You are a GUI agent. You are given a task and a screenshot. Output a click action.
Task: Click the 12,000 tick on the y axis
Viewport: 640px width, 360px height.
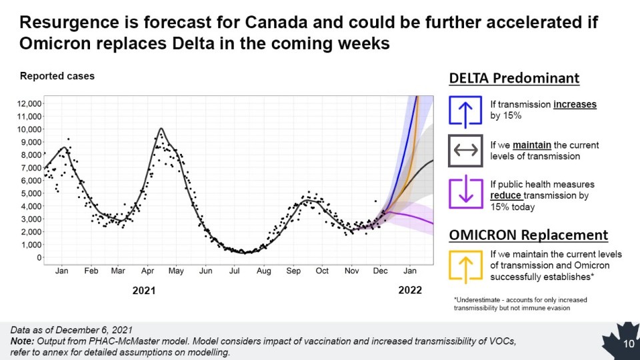pyautogui.click(x=29, y=103)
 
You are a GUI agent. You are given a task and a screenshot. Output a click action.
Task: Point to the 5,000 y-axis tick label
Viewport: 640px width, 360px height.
pyautogui.click(x=31, y=193)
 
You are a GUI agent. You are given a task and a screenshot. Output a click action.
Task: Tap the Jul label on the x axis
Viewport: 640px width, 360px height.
pyautogui.click(x=234, y=271)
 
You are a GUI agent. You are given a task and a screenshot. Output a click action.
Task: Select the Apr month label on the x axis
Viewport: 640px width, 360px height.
pyautogui.click(x=147, y=271)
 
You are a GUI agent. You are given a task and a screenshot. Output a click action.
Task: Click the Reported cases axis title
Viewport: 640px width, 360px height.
pyautogui.click(x=57, y=76)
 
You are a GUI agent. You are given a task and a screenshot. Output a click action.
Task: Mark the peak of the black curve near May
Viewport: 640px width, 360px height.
pyautogui.click(x=161, y=128)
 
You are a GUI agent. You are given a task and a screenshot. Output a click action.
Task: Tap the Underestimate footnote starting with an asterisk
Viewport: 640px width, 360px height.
pyautogui.click(x=515, y=303)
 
